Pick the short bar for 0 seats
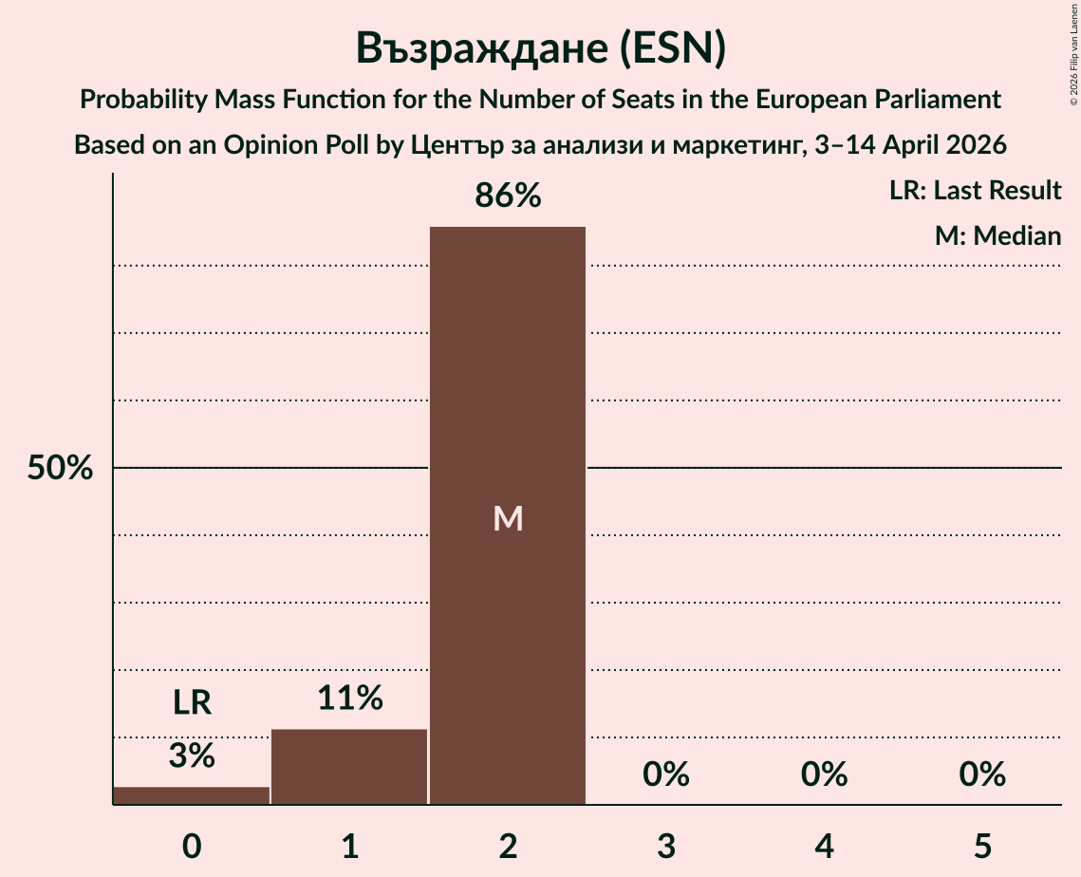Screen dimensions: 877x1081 pyautogui.click(x=192, y=795)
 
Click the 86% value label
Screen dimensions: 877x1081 pyautogui.click(x=508, y=196)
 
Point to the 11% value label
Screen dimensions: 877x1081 pyautogui.click(x=349, y=699)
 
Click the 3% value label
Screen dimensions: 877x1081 pyautogui.click(x=192, y=756)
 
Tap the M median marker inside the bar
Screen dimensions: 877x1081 pyautogui.click(x=508, y=518)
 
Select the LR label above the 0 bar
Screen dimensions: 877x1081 pyautogui.click(x=192, y=703)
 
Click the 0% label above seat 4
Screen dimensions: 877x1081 pyautogui.click(x=824, y=775)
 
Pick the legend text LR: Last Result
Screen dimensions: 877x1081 pyautogui.click(x=975, y=191)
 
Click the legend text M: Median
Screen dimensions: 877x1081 pyautogui.click(x=997, y=236)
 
